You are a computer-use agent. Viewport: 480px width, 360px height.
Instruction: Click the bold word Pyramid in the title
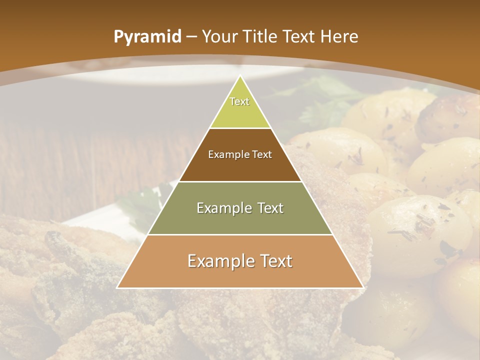pyautogui.click(x=147, y=37)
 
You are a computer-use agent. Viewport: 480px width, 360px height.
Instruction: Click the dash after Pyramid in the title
pyautogui.click(x=192, y=37)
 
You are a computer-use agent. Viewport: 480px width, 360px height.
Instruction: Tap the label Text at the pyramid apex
pyautogui.click(x=239, y=101)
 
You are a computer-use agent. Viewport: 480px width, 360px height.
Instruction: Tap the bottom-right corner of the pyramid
pyautogui.click(x=362, y=287)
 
